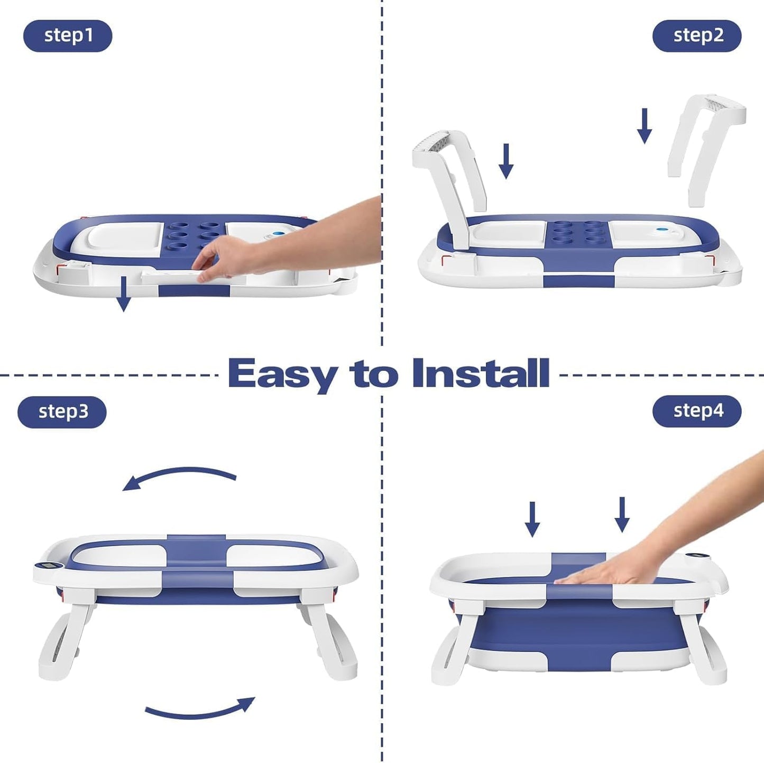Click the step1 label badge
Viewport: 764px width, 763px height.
coord(68,36)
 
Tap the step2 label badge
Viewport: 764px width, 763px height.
coord(697,36)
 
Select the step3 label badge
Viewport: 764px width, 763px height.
coord(62,412)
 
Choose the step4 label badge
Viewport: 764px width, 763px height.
coord(697,411)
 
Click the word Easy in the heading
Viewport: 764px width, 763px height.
coord(282,374)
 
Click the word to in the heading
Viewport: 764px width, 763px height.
coord(373,374)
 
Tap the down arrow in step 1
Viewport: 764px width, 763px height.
coord(123,293)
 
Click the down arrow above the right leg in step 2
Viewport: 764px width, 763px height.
coord(644,126)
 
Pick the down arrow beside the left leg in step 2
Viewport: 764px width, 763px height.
coord(506,161)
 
